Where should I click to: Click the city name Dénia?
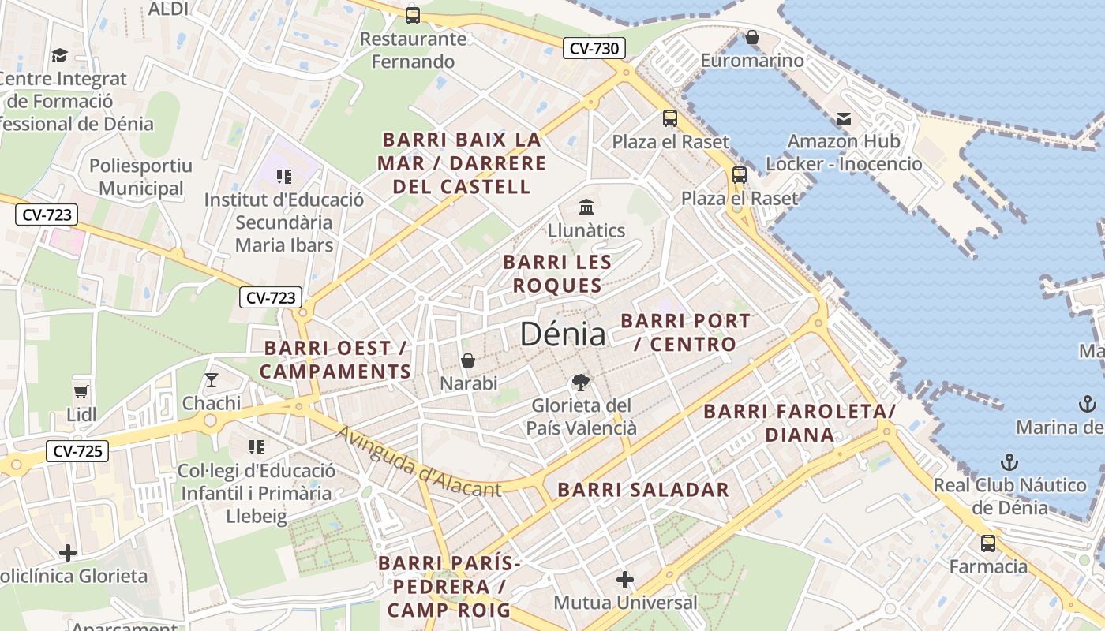click(563, 334)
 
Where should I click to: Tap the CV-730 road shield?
click(594, 49)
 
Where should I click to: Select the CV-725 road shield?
click(77, 452)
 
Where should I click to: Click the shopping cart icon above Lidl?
click(81, 391)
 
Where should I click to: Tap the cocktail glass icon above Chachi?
click(211, 380)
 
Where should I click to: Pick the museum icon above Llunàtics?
click(586, 207)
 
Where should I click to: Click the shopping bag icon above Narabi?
click(468, 360)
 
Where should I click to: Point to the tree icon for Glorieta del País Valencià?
click(581, 383)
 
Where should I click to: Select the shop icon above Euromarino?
click(751, 37)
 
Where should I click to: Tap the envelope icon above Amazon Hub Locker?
click(844, 119)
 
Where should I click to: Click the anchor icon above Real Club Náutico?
click(1009, 462)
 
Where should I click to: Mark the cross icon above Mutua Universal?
click(625, 581)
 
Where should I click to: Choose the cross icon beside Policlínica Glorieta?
click(68, 553)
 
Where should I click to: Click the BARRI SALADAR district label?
click(643, 490)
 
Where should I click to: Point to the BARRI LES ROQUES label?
click(557, 274)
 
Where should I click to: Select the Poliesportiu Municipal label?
click(140, 177)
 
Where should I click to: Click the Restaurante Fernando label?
click(413, 50)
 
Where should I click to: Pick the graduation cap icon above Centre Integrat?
click(59, 55)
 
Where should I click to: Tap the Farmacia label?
click(988, 567)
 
